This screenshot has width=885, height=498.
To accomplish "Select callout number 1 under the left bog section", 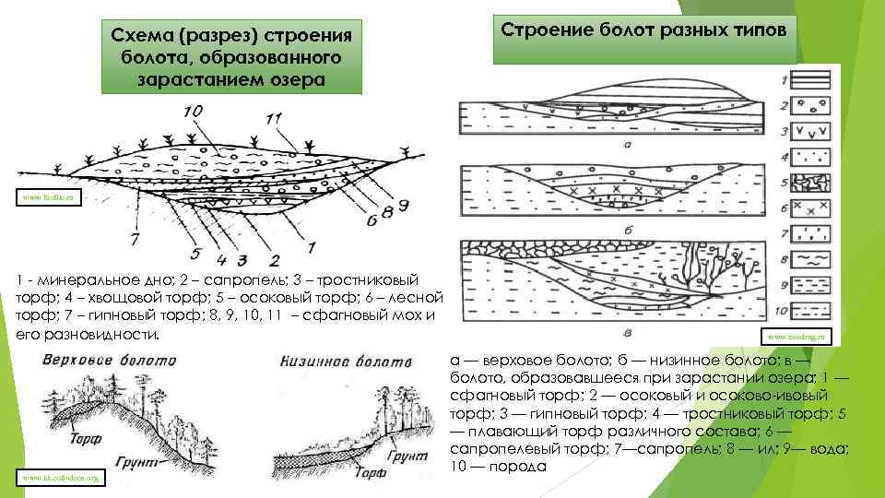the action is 311,245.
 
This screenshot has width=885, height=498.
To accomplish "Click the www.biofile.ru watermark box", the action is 42,196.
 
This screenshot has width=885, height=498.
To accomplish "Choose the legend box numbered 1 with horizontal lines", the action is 808,80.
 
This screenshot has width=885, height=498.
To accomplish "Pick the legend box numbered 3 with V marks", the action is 808,131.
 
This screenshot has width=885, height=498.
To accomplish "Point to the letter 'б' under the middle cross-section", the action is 627,227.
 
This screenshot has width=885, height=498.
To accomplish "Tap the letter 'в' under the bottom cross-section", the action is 627,333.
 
